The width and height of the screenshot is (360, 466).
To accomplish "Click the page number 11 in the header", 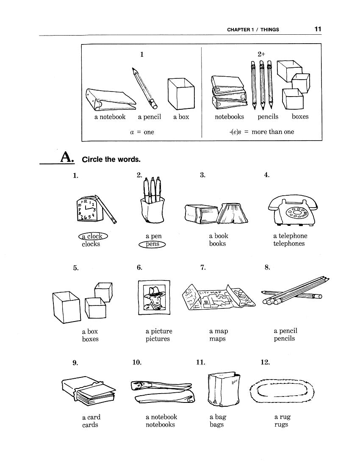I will point(318,29).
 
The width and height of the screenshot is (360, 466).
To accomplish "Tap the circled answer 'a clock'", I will point(93,236).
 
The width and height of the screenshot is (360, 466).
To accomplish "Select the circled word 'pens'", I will point(152,244).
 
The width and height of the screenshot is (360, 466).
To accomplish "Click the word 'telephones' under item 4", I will point(289,244).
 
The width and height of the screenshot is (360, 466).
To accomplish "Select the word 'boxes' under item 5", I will point(90,339).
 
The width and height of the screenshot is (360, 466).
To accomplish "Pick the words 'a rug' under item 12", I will point(282,417).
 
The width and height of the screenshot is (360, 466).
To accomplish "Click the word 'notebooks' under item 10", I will point(160,424).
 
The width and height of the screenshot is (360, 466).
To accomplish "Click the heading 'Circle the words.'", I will point(111,160).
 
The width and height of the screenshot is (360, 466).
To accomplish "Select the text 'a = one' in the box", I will point(142,132).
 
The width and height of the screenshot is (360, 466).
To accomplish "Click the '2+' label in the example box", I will point(261,54).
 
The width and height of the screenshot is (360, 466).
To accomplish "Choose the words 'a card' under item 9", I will point(91,417).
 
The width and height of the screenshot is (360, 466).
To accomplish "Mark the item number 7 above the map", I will point(203,267).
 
